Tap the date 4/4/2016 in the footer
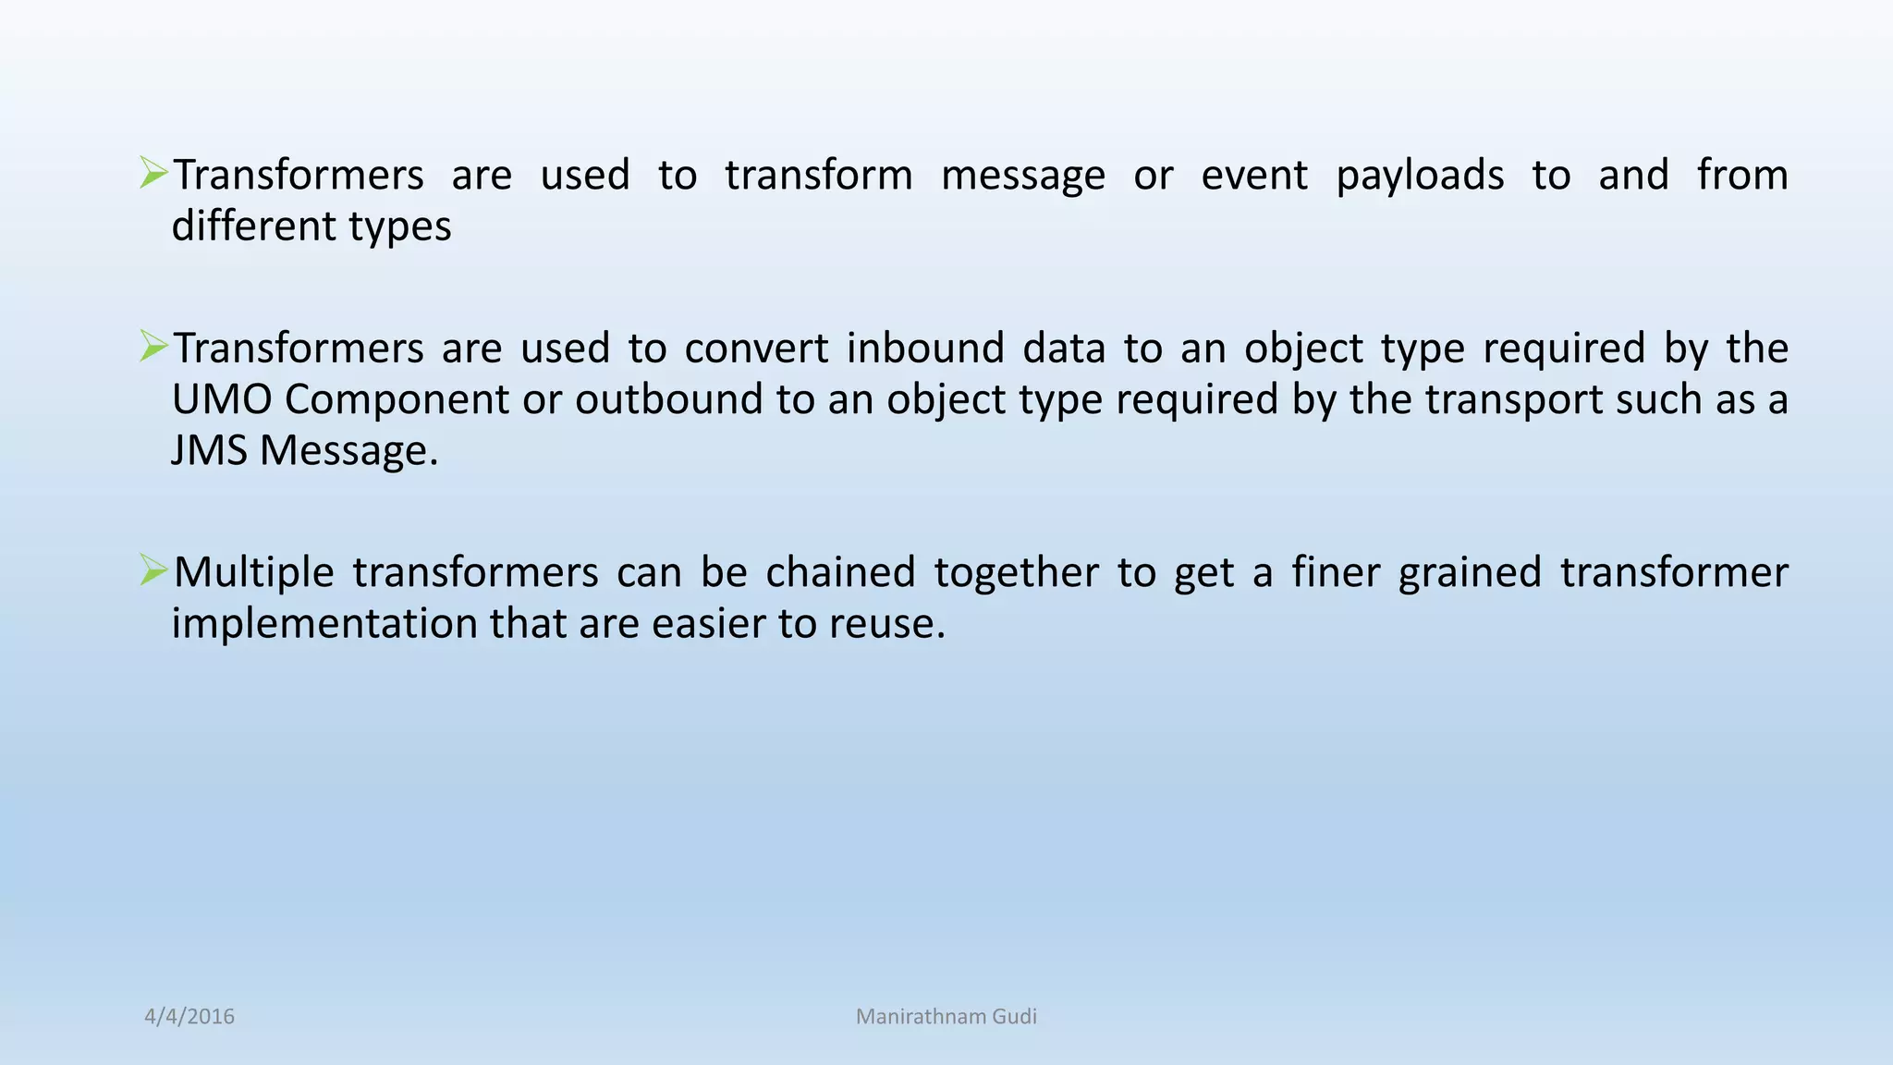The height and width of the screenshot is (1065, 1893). (189, 1016)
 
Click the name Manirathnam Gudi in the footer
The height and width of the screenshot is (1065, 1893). (946, 1016)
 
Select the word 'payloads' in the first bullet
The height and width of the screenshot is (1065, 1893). (1420, 176)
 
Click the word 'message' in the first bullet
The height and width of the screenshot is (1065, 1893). (1022, 176)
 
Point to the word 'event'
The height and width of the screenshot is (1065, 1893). (1253, 176)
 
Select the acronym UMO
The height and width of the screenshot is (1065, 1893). (222, 399)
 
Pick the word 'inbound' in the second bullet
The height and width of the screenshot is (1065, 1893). (924, 349)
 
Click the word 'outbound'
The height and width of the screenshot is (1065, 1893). (671, 399)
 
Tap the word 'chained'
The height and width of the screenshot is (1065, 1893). (840, 572)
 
